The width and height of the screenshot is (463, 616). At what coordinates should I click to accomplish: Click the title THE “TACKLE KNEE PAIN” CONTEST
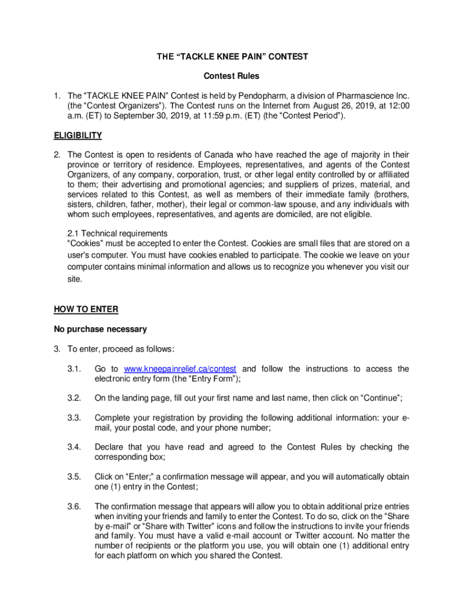click(x=231, y=57)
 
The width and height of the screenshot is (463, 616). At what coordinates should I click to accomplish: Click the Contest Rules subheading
click(x=231, y=76)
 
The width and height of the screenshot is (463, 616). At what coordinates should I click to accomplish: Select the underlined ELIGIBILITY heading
click(x=78, y=135)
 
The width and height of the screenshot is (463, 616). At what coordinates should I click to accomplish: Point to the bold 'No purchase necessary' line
click(x=100, y=329)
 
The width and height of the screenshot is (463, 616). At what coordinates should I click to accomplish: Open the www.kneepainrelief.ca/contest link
click(x=180, y=369)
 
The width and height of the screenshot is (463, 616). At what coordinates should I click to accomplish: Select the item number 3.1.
click(x=74, y=369)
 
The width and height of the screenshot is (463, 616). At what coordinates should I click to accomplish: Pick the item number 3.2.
click(x=74, y=398)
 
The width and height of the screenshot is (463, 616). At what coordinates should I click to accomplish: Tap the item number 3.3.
click(x=74, y=418)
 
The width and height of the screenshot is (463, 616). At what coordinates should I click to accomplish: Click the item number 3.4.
click(x=74, y=447)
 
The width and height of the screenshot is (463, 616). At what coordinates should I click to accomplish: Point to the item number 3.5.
click(x=74, y=477)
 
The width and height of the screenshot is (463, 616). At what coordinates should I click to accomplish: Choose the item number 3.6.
click(x=74, y=506)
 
